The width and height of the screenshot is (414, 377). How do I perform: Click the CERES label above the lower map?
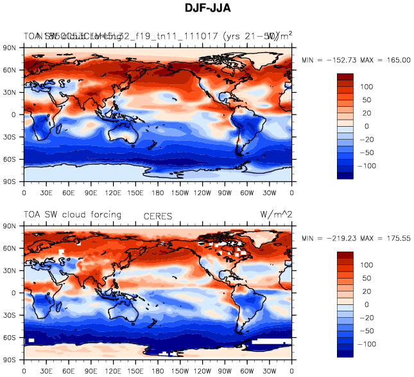click(x=157, y=217)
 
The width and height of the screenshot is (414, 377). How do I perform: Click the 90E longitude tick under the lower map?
click(x=91, y=371)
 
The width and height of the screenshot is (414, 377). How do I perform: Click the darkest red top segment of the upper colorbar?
click(x=345, y=77)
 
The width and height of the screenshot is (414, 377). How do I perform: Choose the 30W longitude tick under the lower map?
click(x=270, y=371)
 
